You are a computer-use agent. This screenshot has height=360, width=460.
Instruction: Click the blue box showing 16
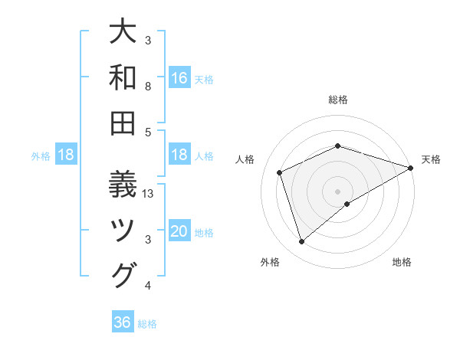(179, 78)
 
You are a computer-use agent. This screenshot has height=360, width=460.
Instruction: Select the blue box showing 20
(179, 231)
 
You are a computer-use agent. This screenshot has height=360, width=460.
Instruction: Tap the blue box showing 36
(123, 322)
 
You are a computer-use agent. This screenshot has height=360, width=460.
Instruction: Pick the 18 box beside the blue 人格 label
(179, 155)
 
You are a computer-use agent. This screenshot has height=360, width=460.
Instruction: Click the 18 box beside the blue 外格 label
(66, 155)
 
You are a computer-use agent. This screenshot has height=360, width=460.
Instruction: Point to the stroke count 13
(149, 194)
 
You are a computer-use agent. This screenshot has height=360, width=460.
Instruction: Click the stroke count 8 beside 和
(148, 87)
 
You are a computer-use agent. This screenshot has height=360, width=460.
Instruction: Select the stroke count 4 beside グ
(148, 286)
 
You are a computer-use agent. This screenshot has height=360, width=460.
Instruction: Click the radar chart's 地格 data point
(347, 204)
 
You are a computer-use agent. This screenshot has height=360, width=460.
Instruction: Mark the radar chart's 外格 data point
(301, 242)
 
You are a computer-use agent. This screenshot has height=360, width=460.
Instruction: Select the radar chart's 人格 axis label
(245, 159)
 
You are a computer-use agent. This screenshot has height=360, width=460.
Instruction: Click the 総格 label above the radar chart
(338, 100)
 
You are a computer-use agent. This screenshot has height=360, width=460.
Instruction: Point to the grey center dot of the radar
(338, 191)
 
